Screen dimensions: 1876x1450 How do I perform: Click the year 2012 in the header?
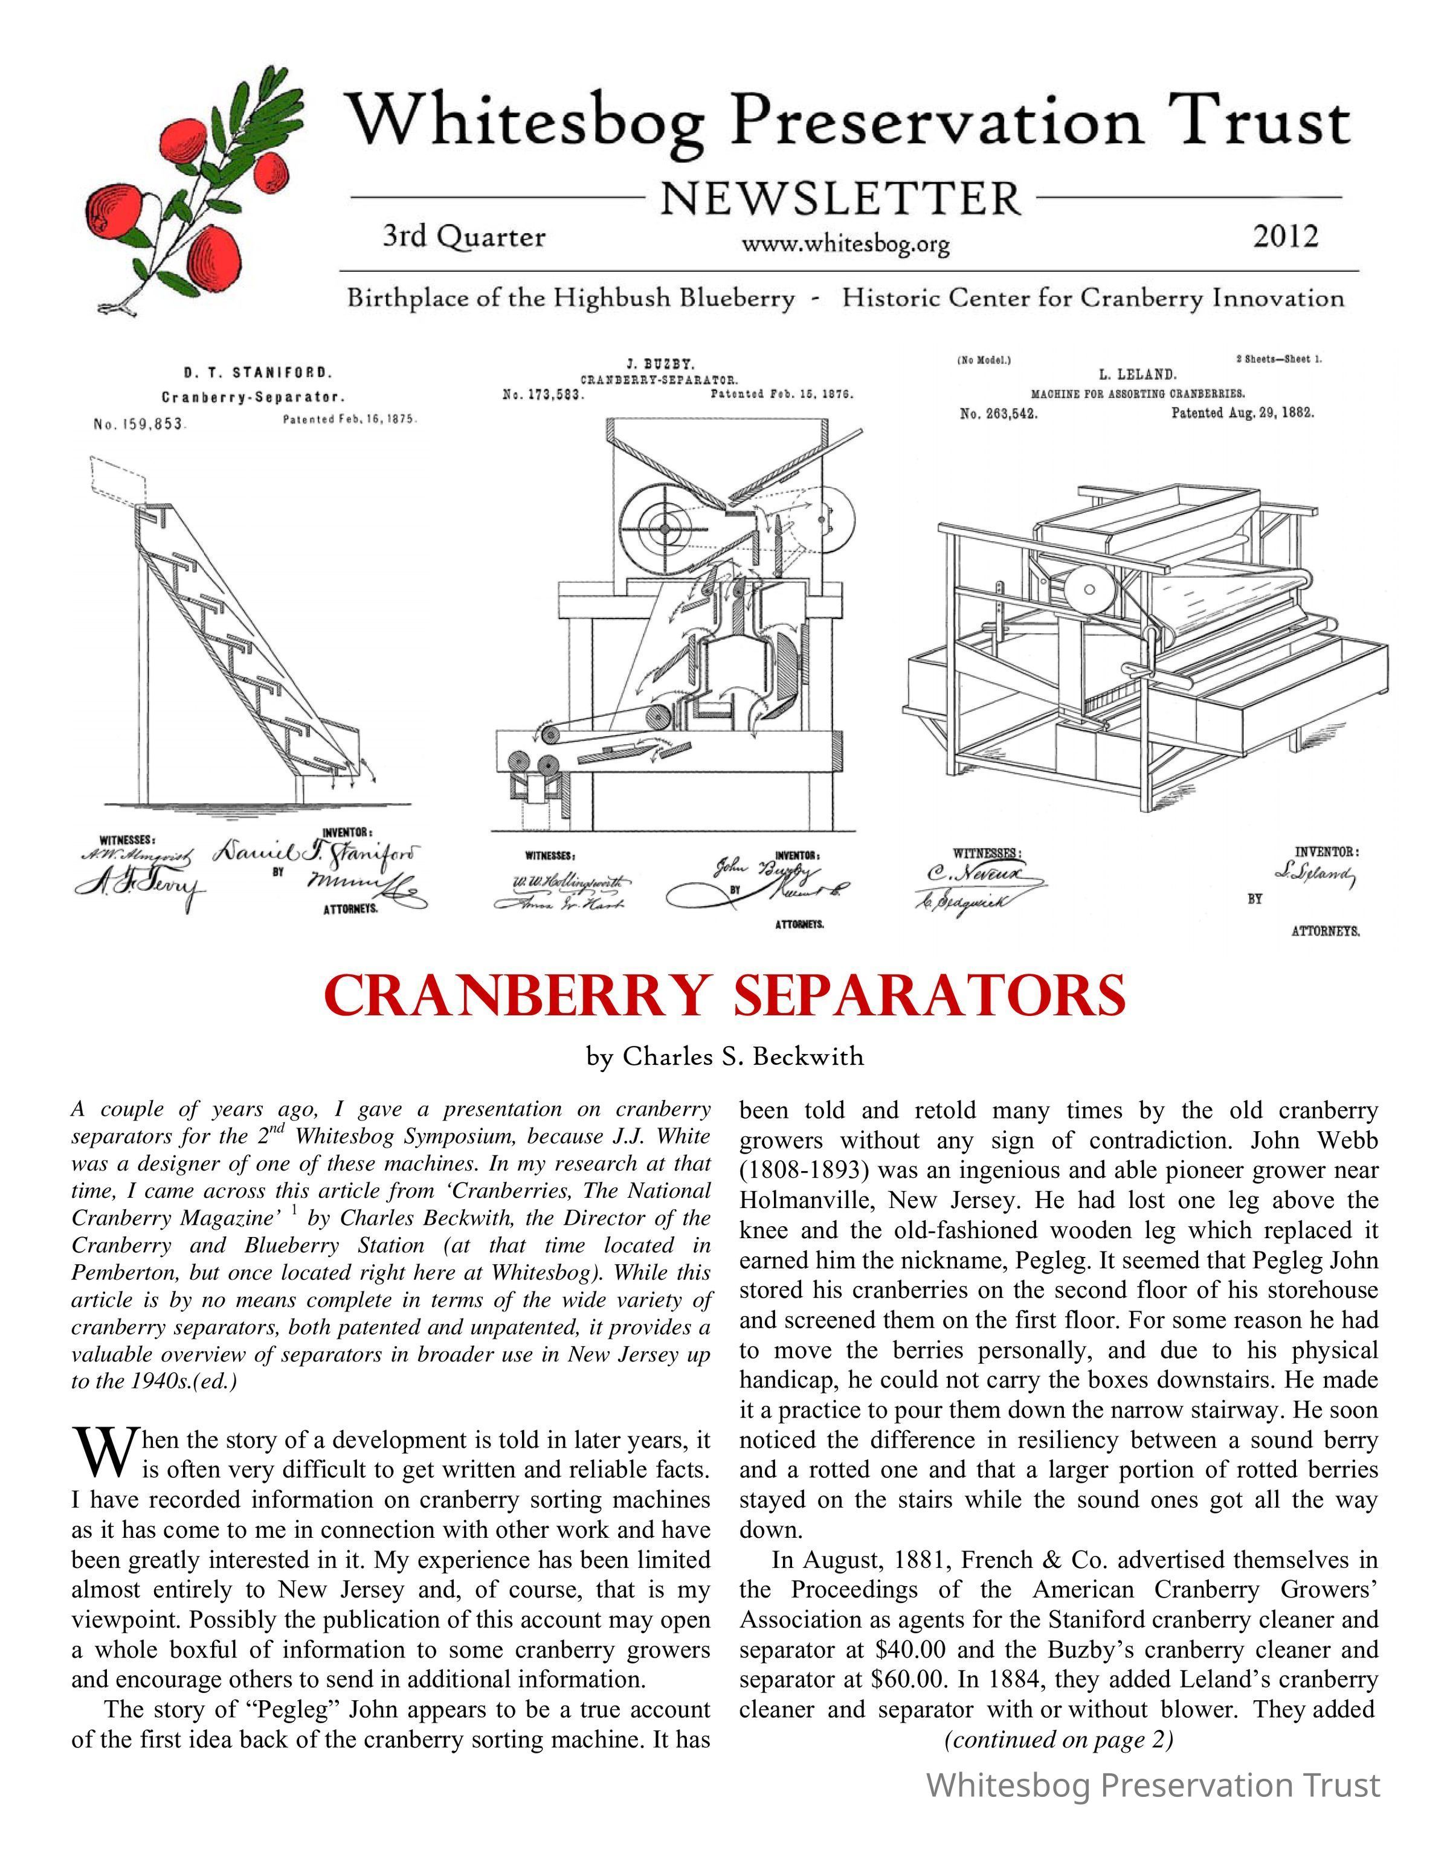pyautogui.click(x=1284, y=236)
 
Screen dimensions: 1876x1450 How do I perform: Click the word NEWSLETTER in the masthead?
pyautogui.click(x=842, y=199)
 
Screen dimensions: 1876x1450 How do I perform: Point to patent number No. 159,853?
pyautogui.click(x=137, y=425)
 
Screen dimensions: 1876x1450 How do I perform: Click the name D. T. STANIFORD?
pyautogui.click(x=258, y=374)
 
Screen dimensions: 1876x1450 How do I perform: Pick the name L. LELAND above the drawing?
pyautogui.click(x=1136, y=374)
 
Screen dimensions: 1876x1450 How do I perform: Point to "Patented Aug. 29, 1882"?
pyautogui.click(x=1242, y=413)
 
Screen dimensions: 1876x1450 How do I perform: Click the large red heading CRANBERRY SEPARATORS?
pyautogui.click(x=725, y=995)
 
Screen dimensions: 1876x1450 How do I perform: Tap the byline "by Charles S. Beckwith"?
pyautogui.click(x=725, y=1056)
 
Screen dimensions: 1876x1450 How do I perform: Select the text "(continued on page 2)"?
pyautogui.click(x=1058, y=1739)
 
